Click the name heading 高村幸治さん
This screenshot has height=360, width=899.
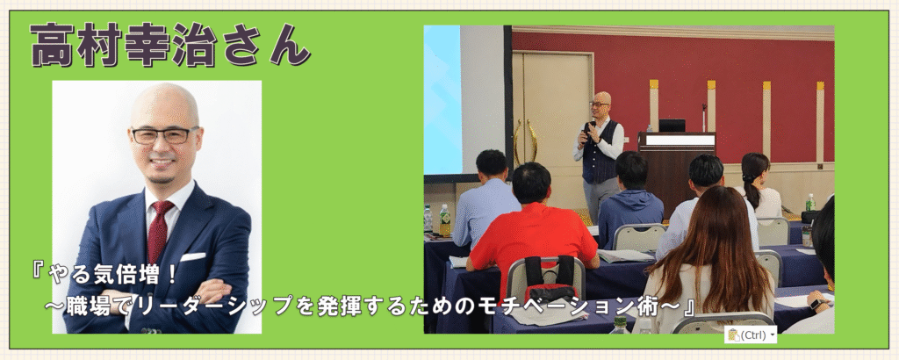pyautogui.click(x=169, y=46)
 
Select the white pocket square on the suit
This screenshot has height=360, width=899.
pyautogui.click(x=192, y=256)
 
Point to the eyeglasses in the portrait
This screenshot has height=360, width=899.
pyautogui.click(x=162, y=135)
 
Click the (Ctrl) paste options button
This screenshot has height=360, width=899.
pyautogui.click(x=751, y=335)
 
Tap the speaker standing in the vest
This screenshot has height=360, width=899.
pyautogui.click(x=599, y=155)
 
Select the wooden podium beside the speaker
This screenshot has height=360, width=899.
pyautogui.click(x=677, y=172)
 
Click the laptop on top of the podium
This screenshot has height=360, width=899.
pyautogui.click(x=672, y=126)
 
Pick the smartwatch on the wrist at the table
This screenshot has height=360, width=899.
pyautogui.click(x=817, y=304)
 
